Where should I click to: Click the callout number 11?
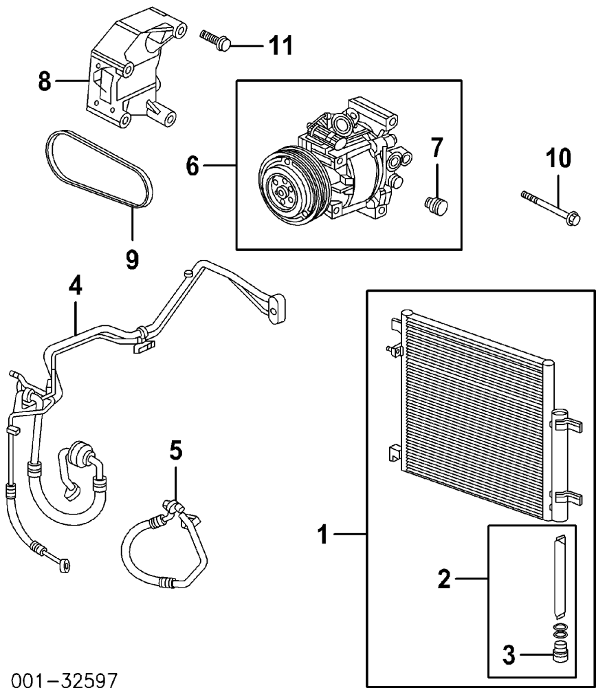280,45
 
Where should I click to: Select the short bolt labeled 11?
216,40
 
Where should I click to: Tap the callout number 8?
45,81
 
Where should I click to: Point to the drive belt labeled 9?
100,169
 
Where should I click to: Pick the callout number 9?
132,259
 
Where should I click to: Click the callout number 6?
192,166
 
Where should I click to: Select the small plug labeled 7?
437,205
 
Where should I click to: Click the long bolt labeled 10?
551,207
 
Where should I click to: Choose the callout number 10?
558,158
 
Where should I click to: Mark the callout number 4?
76,286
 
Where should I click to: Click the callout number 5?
175,451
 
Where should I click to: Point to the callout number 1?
323,535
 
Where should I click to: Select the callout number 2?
444,579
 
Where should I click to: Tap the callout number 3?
509,656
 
